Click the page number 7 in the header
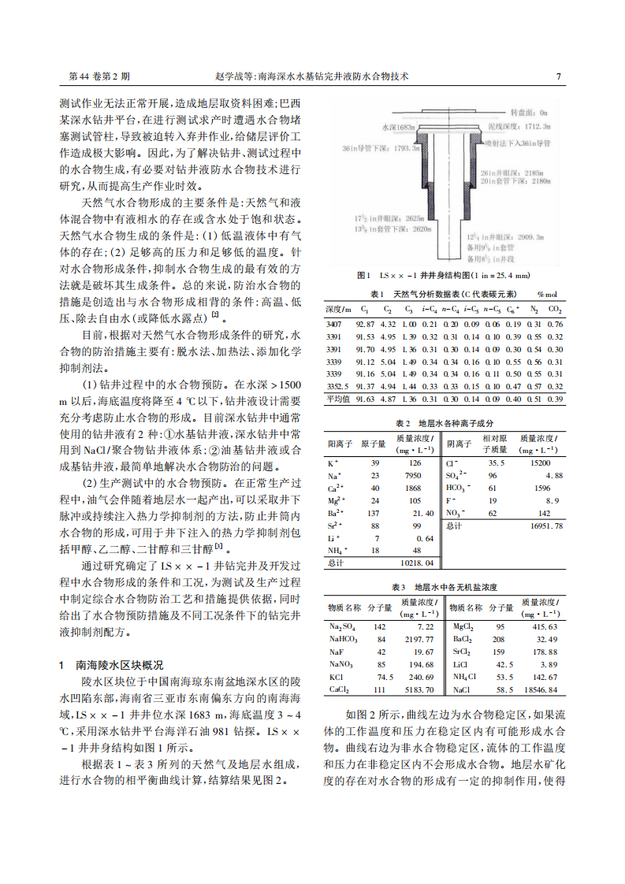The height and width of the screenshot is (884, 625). pyautogui.click(x=558, y=77)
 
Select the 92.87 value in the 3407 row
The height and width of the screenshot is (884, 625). pyautogui.click(x=365, y=324)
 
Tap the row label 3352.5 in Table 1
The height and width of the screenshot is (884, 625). pyautogui.click(x=337, y=386)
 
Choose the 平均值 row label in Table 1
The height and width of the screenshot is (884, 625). pyautogui.click(x=337, y=399)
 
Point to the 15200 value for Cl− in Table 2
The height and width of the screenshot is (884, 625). pyautogui.click(x=540, y=463)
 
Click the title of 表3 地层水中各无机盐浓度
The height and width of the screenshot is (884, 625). pyautogui.click(x=444, y=588)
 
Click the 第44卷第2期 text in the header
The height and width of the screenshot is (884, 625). pyautogui.click(x=100, y=77)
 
